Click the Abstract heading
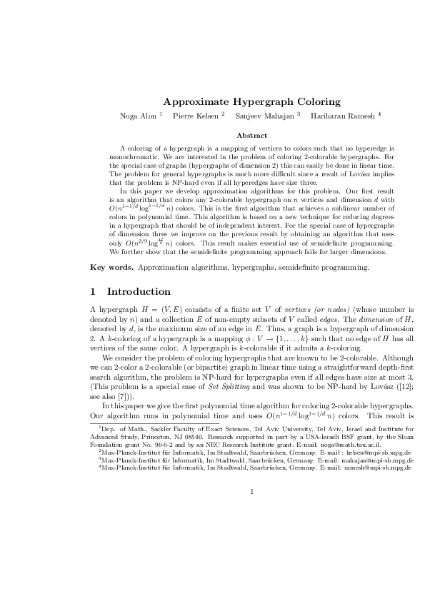pyautogui.click(x=251, y=135)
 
